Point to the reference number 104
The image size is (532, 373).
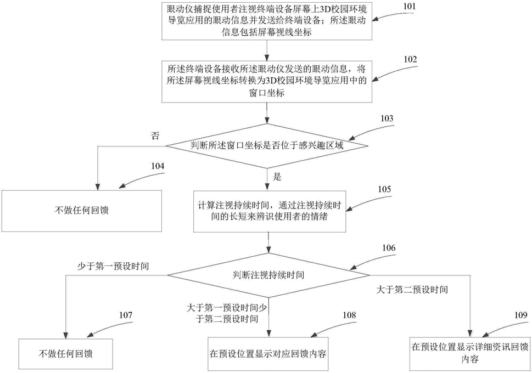coord(158,166)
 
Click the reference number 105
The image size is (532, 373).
coord(384,189)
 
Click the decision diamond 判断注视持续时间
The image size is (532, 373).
coord(268,273)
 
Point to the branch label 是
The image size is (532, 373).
coord(277,177)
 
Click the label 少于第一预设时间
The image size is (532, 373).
coord(114,265)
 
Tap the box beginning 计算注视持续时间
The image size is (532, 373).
coord(268,211)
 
